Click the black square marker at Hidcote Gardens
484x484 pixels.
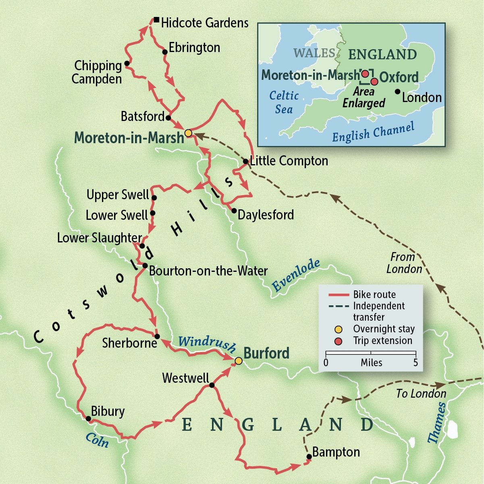pyautogui.click(x=156, y=19)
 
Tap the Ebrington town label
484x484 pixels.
pyautogui.click(x=194, y=48)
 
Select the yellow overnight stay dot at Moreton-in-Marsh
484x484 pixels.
pyautogui.click(x=188, y=133)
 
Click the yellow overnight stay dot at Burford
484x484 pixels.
pyautogui.click(x=239, y=361)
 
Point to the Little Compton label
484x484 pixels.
pyautogui.click(x=289, y=161)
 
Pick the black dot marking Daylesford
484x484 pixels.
pyautogui.click(x=234, y=211)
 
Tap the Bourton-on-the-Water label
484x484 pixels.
pyautogui.click(x=208, y=271)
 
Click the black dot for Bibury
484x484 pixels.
pyautogui.click(x=88, y=418)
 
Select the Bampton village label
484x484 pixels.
pyautogui.click(x=336, y=452)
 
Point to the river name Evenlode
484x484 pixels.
pyautogui.click(x=296, y=275)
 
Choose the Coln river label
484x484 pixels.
pyautogui.click(x=97, y=440)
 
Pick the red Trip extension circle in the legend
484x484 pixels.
pyautogui.click(x=339, y=341)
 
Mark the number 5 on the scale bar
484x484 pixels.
pyautogui.click(x=415, y=363)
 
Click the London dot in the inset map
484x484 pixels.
pyautogui.click(x=398, y=92)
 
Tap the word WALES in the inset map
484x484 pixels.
pyautogui.click(x=314, y=53)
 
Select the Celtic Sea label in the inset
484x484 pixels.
pyautogui.click(x=284, y=102)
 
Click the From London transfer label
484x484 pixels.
pyautogui.click(x=404, y=263)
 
